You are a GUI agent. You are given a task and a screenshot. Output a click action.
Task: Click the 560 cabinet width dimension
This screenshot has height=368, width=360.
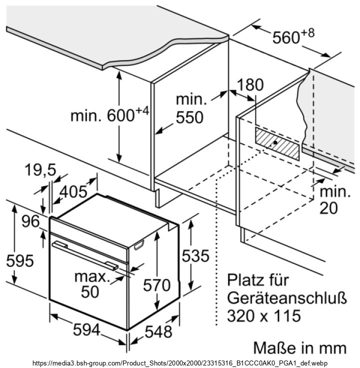(293, 36)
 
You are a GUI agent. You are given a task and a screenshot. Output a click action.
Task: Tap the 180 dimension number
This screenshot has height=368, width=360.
(250, 84)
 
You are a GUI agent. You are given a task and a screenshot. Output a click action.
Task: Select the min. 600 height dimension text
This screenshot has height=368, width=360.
(110, 114)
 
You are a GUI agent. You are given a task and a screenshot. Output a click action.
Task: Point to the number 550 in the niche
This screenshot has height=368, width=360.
(189, 117)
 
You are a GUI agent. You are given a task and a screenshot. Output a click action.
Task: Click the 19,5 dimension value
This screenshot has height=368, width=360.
(40, 169)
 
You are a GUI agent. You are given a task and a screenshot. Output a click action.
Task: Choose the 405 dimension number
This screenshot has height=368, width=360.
(73, 191)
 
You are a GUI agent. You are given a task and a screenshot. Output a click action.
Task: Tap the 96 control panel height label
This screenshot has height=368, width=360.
(30, 221)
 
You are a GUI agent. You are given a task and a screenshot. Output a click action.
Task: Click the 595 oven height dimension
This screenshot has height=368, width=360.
(19, 260)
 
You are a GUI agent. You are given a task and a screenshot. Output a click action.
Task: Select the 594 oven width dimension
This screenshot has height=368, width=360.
(86, 329)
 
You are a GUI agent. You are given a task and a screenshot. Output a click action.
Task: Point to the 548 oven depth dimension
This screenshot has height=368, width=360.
(158, 331)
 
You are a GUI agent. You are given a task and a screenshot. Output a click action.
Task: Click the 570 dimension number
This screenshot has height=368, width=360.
(157, 285)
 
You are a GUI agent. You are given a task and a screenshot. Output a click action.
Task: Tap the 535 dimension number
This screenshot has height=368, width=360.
(195, 255)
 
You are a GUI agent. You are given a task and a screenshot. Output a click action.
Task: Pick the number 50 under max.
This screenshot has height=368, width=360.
(90, 291)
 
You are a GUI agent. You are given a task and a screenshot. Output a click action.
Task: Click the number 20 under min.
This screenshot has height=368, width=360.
(329, 208)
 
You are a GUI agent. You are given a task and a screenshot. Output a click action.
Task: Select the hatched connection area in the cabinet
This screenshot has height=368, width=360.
(277, 144)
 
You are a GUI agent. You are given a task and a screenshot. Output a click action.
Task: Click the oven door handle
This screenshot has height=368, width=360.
(85, 256)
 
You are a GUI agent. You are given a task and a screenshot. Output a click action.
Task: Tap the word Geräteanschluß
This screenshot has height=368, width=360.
(287, 298)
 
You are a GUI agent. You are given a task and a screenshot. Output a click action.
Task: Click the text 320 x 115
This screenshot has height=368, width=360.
(264, 315)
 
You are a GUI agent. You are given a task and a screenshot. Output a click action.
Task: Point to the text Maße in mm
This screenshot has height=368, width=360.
(299, 347)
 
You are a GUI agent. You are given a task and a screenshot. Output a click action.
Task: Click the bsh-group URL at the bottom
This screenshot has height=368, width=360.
(180, 363)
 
